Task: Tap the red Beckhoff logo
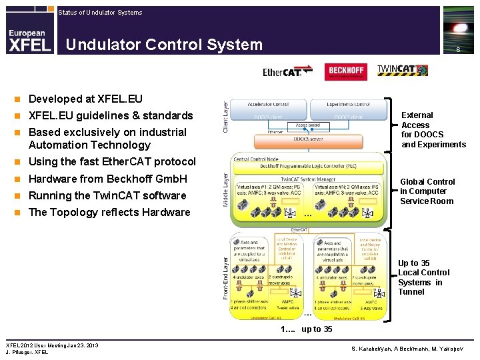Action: (345, 71)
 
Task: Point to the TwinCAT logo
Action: (398, 71)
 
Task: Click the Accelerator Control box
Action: (269, 104)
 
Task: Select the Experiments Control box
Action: (348, 104)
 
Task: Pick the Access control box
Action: (308, 125)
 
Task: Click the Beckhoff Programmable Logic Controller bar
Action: (308, 164)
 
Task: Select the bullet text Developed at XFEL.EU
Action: (85, 99)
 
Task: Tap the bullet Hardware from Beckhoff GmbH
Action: (107, 179)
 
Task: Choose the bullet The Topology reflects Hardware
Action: (109, 212)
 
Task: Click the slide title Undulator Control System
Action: (164, 45)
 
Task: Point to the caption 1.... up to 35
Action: (306, 329)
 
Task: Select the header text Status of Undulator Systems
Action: (100, 12)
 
